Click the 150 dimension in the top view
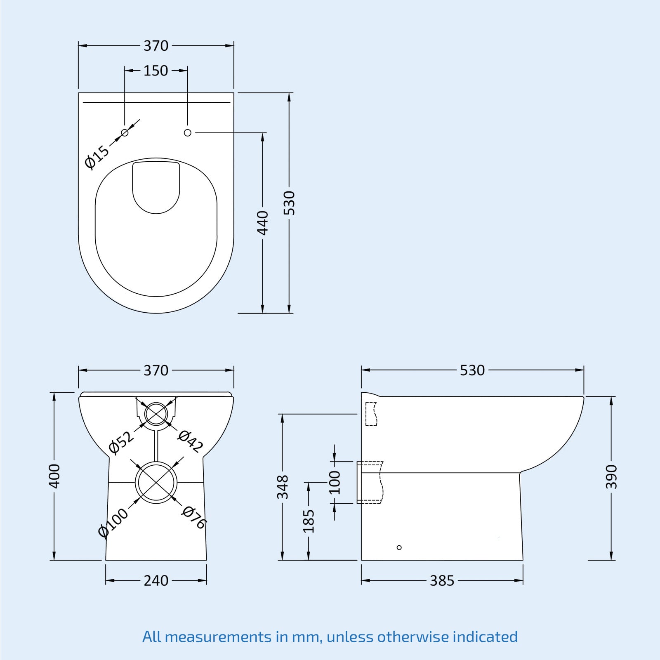[156, 71]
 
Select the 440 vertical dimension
[262, 223]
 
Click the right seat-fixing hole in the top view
[188, 133]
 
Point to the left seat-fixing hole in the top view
[125, 133]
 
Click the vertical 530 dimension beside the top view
[289, 203]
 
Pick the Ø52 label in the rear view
[121, 442]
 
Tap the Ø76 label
[194, 517]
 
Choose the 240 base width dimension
[156, 581]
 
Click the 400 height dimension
[54, 476]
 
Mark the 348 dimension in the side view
[283, 487]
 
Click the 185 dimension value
[309, 521]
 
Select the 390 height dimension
[611, 477]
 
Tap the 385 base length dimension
[442, 581]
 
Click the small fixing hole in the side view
[399, 547]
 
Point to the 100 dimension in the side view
[335, 482]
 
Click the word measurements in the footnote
[218, 636]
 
